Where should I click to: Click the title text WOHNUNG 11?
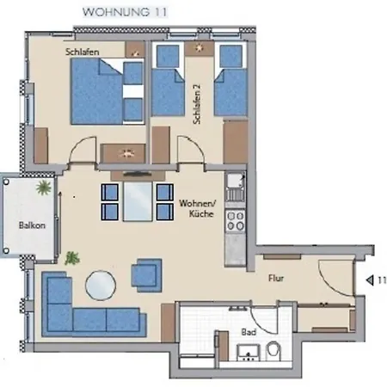click(125, 12)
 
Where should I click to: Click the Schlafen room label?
click(83, 52)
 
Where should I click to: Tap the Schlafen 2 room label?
click(197, 104)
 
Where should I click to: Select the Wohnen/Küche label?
click(198, 208)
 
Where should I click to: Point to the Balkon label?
click(32, 225)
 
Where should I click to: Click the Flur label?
click(276, 278)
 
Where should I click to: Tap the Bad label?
click(249, 332)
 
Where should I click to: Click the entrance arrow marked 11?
click(370, 280)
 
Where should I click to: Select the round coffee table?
click(101, 286)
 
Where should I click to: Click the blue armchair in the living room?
click(147, 275)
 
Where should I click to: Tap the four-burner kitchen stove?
click(236, 220)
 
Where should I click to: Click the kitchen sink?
click(236, 187)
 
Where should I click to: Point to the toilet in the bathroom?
click(273, 351)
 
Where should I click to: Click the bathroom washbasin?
click(249, 353)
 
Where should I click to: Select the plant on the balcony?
click(44, 187)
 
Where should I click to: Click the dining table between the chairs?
click(138, 201)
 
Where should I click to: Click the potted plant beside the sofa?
click(72, 258)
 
